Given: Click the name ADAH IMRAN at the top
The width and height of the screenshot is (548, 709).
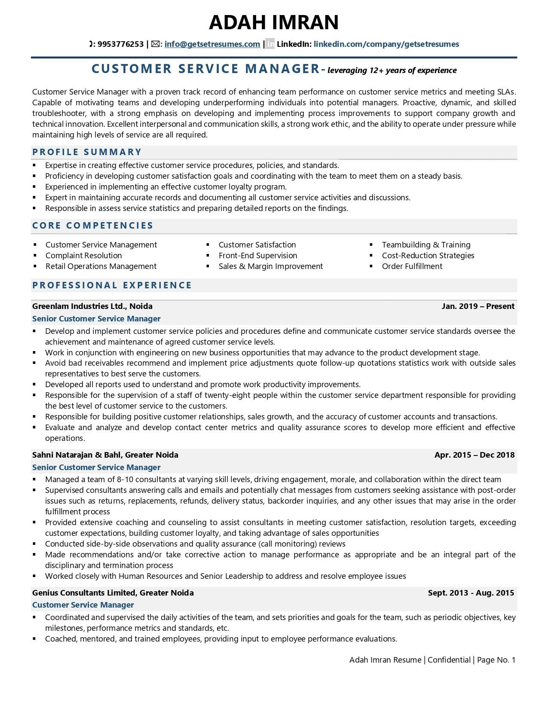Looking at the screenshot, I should (274, 22).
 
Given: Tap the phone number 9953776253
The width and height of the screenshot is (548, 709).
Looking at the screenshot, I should (120, 44).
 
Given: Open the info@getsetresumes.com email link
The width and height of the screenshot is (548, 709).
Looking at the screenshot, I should (212, 44).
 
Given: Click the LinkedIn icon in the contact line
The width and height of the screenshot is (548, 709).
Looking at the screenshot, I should (270, 44).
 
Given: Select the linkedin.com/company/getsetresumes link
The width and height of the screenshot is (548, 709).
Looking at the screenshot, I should (386, 44).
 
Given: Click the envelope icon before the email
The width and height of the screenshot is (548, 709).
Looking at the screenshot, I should (155, 44).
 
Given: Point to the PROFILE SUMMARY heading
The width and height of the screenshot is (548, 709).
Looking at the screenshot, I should (87, 152).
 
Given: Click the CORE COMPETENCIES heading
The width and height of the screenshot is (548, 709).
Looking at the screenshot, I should (92, 225).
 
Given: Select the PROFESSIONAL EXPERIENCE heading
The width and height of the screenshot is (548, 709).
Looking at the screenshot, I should (112, 285).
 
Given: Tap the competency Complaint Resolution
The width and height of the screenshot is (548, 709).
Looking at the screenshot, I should (83, 255).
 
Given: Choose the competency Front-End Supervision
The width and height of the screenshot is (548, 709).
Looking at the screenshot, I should (257, 255).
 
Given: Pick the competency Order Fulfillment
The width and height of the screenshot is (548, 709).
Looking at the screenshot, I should (412, 266).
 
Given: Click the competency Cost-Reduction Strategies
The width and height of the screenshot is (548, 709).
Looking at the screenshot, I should (428, 255).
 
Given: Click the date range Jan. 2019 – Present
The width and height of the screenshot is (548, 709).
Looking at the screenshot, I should (478, 306).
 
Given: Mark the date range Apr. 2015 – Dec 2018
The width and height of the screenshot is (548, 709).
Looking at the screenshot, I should (474, 455).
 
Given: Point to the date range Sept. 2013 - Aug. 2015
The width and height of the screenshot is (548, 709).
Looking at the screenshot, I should (471, 593).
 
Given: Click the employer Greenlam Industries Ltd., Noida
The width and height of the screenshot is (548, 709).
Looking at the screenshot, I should (92, 306).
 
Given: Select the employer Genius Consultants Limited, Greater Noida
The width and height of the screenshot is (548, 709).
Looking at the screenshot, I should (113, 593).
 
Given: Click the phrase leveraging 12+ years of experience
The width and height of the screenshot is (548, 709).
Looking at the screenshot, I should (392, 70).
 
